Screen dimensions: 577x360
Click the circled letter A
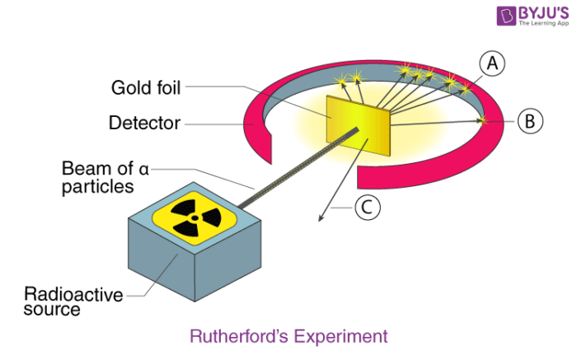pos(492,63)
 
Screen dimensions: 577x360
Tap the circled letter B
pos(530,121)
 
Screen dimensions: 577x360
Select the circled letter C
pos(368,208)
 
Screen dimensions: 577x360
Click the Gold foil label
pos(146,88)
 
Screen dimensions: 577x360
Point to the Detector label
pos(144,123)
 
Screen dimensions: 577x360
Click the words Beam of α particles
pos(106,177)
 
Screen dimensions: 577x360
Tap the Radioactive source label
pos(73,302)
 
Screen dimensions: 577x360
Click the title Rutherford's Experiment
pos(288,336)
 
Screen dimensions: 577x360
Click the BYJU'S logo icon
pos(506,16)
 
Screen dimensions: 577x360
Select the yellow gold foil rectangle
pos(358,126)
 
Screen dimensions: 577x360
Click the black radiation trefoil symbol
pos(195,218)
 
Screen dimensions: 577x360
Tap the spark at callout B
pos(482,120)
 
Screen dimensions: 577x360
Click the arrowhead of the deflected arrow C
pos(321,218)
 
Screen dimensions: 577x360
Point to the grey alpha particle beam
pos(298,168)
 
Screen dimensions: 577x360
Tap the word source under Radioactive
pos(52,310)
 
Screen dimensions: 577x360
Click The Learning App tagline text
pos(543,23)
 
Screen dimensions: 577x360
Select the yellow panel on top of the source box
pos(195,218)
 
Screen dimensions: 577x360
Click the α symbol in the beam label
pos(144,170)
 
